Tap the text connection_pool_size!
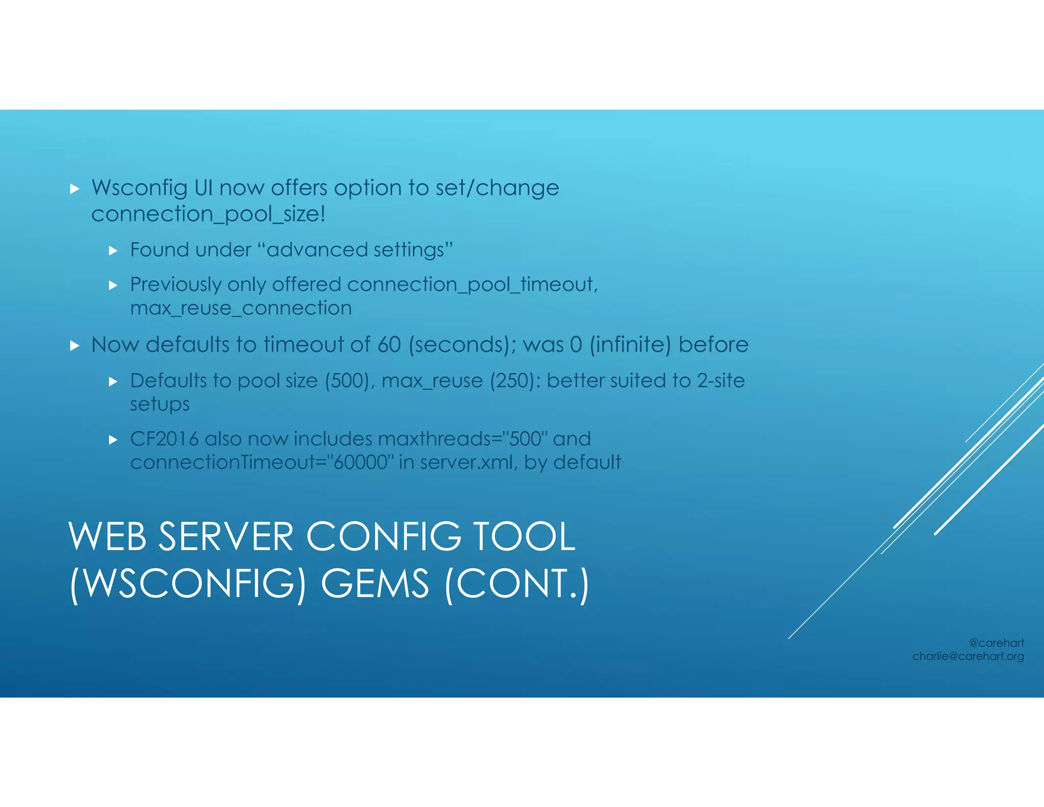pyautogui.click(x=208, y=214)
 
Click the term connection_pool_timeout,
pyautogui.click(x=472, y=285)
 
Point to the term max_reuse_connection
pyautogui.click(x=241, y=308)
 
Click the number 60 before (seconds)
pyautogui.click(x=389, y=345)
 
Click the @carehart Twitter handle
pyautogui.click(x=996, y=643)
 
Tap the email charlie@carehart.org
pyautogui.click(x=968, y=657)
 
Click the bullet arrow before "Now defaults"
pyautogui.click(x=75, y=346)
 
